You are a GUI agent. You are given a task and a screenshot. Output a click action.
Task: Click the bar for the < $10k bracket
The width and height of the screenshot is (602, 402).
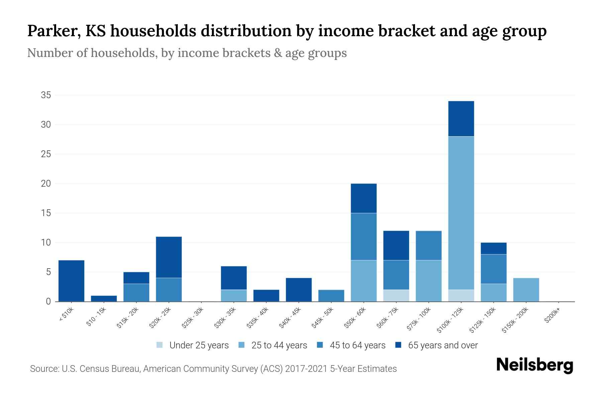point(71,281)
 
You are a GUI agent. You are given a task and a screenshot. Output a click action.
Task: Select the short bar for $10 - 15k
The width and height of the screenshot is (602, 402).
point(104,298)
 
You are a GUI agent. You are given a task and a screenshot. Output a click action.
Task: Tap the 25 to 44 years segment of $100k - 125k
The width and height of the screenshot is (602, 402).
point(461,213)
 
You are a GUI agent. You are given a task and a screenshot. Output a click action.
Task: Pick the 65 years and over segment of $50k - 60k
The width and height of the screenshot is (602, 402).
point(364,198)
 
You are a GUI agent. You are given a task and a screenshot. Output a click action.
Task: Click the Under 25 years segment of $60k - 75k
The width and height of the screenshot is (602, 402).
point(396,295)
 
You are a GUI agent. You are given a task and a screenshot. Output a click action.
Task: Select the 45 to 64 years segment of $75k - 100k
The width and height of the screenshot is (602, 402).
point(428,246)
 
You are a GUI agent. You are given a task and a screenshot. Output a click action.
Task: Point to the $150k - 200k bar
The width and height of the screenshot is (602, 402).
point(526,290)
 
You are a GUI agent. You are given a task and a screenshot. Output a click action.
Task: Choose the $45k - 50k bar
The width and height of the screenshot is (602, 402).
point(331,295)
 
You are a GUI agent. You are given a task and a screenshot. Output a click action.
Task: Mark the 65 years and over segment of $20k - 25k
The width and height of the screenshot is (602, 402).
point(169,257)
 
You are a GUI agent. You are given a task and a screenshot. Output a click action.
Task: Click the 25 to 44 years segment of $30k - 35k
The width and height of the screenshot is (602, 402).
point(234,295)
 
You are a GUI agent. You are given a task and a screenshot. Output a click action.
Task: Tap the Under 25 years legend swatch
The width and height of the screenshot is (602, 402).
point(160,345)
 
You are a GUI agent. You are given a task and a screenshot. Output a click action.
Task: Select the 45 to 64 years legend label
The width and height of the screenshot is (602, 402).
point(357,345)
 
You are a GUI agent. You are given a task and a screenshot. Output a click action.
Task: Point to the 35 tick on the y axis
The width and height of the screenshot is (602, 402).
point(46,95)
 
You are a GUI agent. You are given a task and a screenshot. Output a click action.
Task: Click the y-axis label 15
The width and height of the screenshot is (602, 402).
point(46,213)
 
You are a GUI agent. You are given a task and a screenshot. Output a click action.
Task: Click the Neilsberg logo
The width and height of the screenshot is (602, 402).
point(534,365)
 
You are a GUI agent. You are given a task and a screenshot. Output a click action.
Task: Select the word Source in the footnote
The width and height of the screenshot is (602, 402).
point(44,369)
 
